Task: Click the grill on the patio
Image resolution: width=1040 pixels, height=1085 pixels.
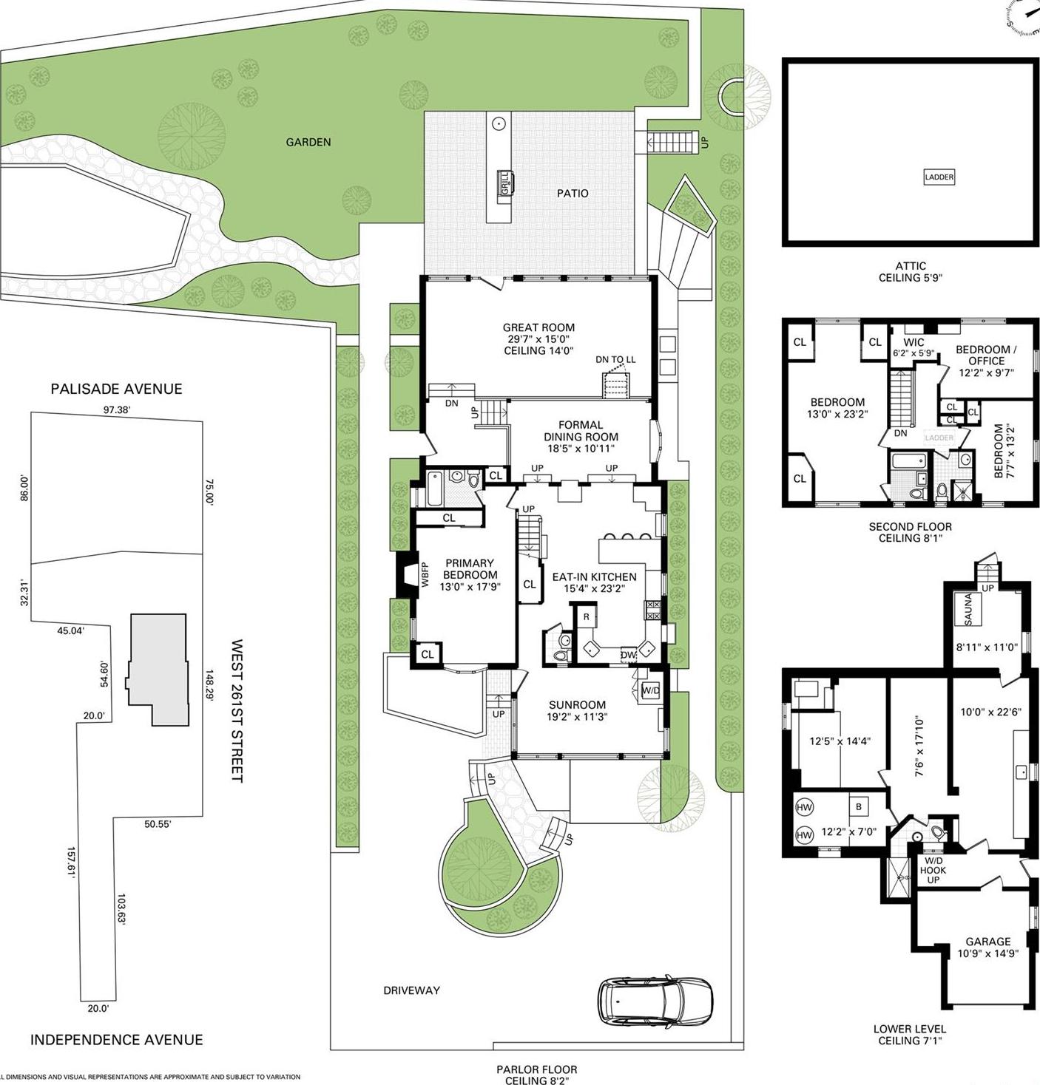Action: [505, 183]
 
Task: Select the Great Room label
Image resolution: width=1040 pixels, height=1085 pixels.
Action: [538, 328]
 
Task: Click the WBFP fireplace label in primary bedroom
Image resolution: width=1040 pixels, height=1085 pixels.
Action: [425, 576]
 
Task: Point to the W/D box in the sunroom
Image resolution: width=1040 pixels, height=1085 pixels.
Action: [651, 691]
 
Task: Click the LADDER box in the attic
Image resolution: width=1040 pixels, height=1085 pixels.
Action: [939, 177]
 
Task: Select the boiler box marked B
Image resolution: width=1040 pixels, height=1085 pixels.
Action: [858, 807]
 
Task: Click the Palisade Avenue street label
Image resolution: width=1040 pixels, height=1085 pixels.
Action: [117, 389]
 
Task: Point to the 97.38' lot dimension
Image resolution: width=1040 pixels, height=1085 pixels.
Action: [116, 409]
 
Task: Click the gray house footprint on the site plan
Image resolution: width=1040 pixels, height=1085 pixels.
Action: [158, 670]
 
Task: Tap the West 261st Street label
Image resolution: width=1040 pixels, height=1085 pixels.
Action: [237, 712]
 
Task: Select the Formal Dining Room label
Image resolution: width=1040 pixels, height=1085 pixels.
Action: [581, 430]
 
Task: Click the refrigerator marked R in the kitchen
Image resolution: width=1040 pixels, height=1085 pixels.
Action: [587, 616]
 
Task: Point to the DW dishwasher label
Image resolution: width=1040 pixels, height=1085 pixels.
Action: [628, 655]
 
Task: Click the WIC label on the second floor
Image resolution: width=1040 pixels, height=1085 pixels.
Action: [914, 342]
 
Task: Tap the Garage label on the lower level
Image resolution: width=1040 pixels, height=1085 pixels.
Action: [988, 942]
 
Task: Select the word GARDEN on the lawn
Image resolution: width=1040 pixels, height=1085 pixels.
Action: [308, 142]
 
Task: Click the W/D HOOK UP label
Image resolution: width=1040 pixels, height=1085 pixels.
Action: [933, 870]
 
